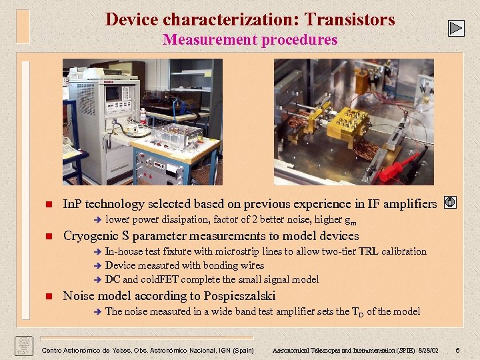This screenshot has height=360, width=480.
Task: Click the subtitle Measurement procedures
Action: (x=250, y=40)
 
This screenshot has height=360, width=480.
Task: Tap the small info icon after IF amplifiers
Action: (x=450, y=203)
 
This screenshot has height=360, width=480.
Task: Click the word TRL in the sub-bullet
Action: (x=368, y=251)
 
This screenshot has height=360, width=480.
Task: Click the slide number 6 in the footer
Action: (x=457, y=351)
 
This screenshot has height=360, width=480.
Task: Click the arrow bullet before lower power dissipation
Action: (x=95, y=220)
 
